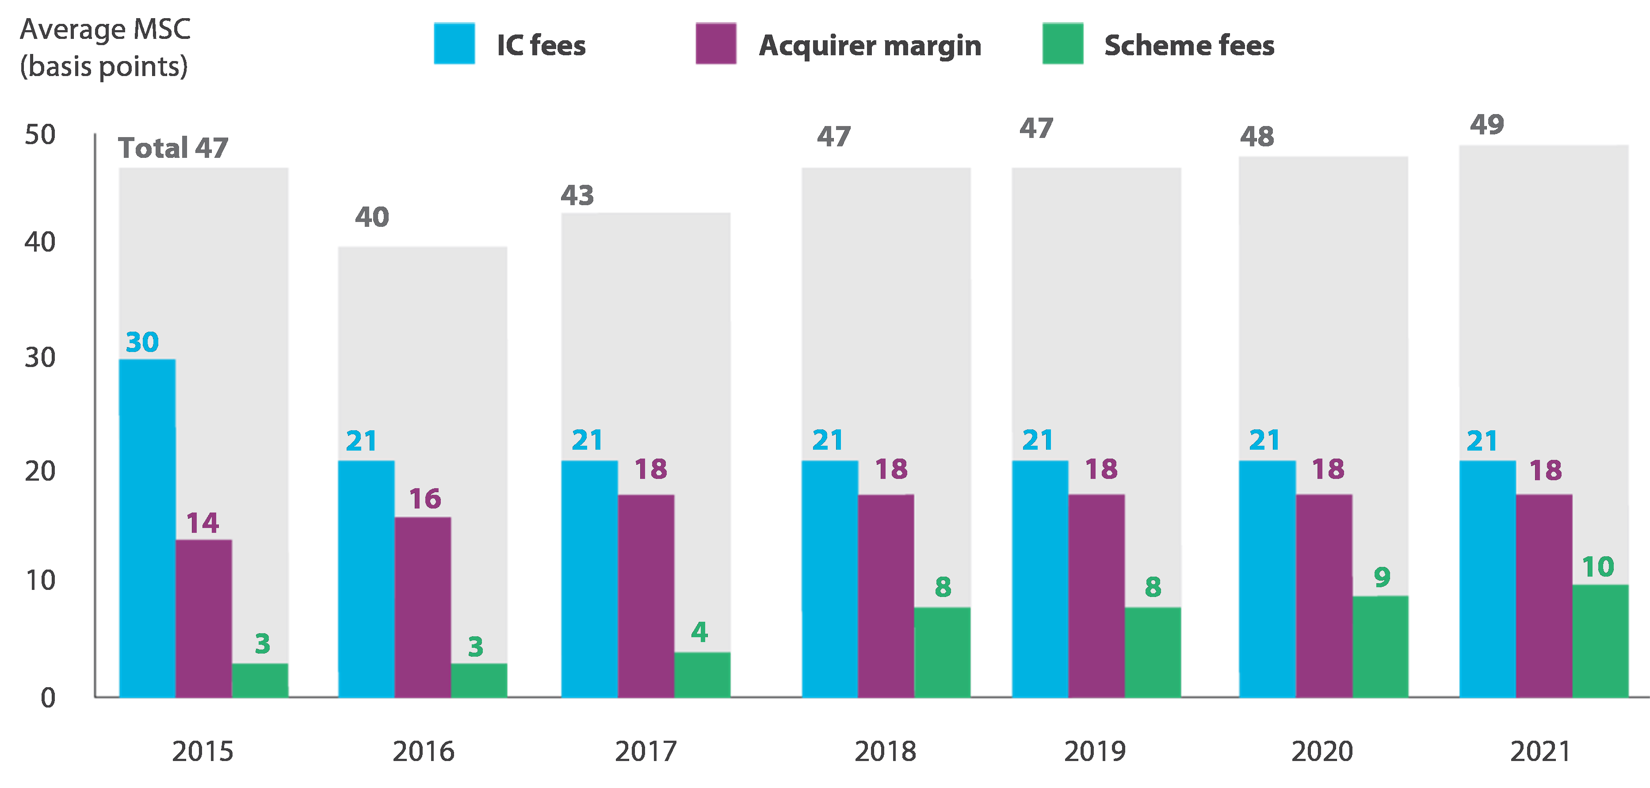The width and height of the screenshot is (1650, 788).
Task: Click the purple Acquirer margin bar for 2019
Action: click(x=1096, y=595)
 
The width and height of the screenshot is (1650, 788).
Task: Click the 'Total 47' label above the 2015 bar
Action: click(x=173, y=148)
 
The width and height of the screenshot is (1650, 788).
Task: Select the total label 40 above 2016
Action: click(x=372, y=217)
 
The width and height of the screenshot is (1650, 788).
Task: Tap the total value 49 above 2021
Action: click(x=1487, y=124)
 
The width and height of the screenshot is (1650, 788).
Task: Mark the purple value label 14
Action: click(x=202, y=523)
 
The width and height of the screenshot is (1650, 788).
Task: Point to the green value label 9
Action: click(x=1382, y=577)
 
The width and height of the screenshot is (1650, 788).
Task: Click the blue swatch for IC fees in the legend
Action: click(x=454, y=44)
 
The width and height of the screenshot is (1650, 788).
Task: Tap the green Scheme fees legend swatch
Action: click(x=1062, y=44)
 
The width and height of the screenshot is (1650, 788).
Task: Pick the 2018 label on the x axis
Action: click(x=885, y=751)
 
